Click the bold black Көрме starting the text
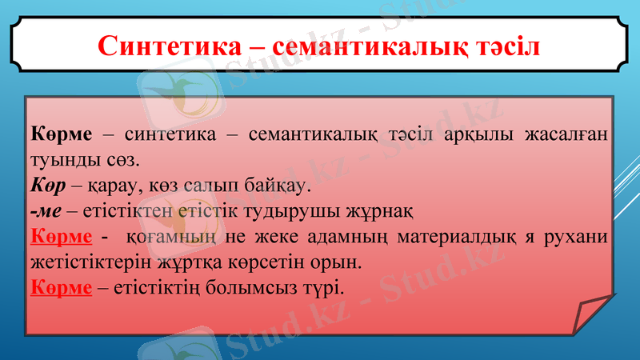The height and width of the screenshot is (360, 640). coord(60,132)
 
